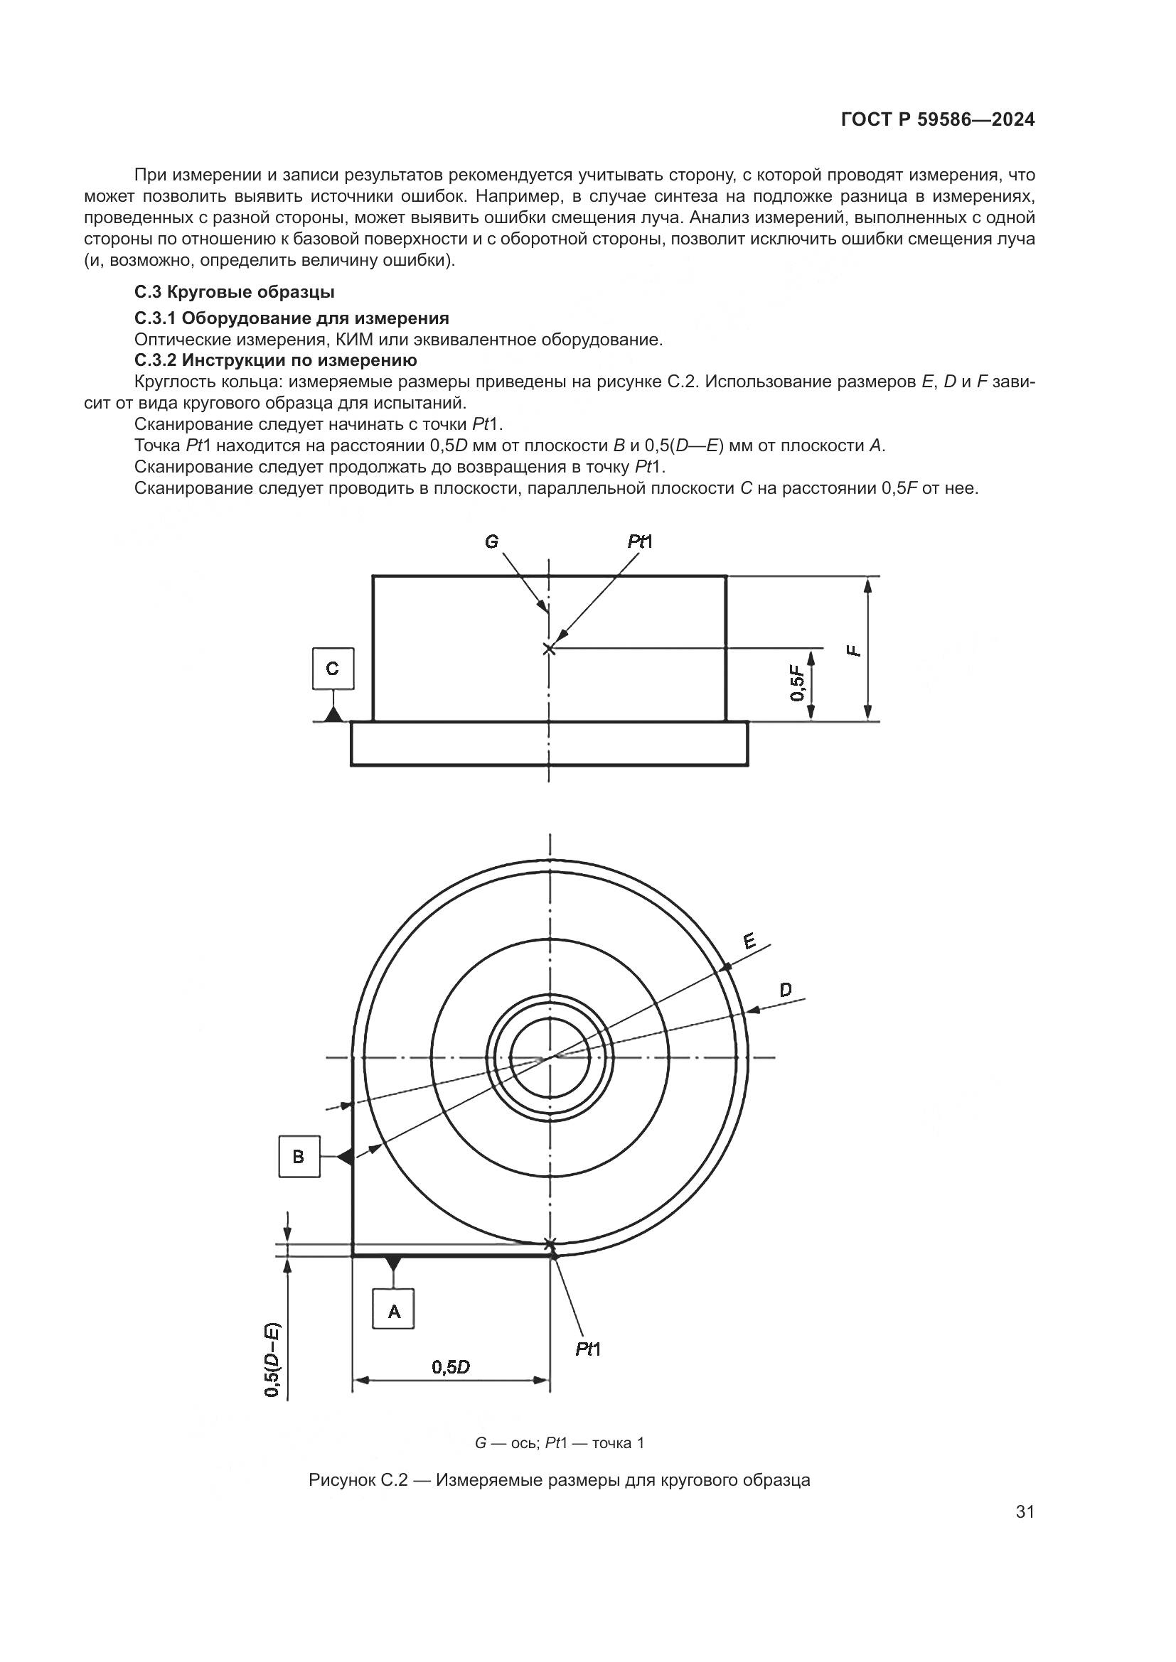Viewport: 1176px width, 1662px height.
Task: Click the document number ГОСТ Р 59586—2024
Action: click(938, 120)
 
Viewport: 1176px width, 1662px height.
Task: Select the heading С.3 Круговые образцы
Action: click(234, 293)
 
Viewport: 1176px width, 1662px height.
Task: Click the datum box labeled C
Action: click(332, 668)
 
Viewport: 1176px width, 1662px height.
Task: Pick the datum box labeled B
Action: click(299, 1156)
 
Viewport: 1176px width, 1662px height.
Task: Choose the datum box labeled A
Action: click(394, 1309)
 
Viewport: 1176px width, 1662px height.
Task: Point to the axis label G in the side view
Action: click(492, 541)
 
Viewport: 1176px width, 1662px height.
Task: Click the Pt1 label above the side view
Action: click(640, 541)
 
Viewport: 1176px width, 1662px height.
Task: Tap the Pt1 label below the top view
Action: click(588, 1349)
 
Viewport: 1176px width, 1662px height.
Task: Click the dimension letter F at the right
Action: click(855, 650)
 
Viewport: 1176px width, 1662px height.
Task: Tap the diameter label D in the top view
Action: click(786, 990)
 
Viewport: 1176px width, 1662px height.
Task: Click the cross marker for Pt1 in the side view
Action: click(549, 649)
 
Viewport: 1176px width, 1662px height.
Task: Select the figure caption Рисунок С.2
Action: click(558, 1479)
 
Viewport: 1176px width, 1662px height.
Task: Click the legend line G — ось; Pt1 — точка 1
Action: click(558, 1442)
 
